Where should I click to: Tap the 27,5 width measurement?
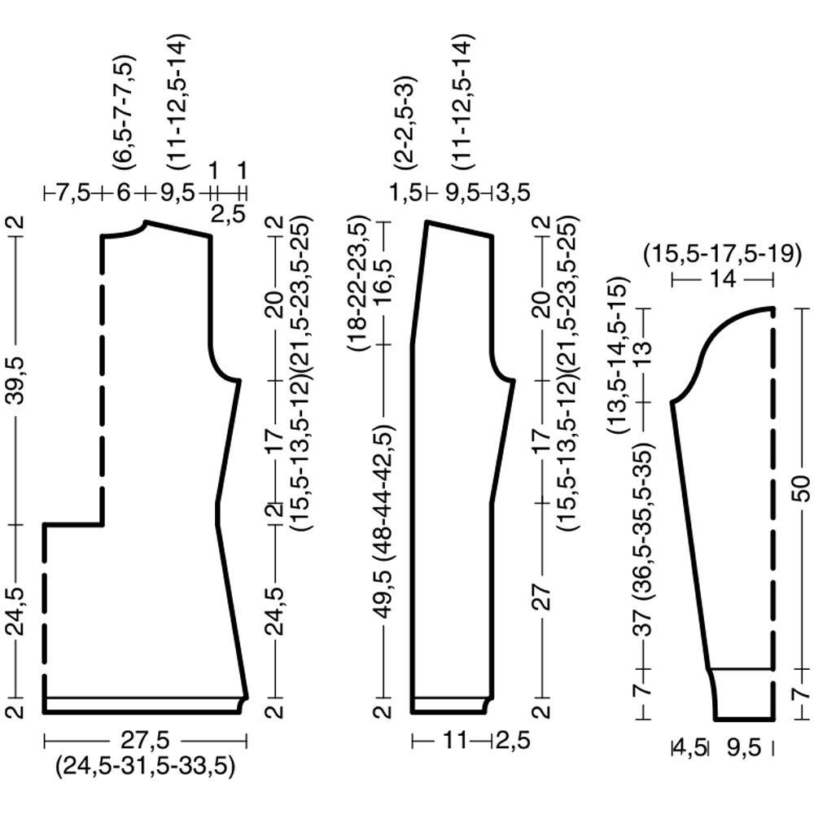pos(146,740)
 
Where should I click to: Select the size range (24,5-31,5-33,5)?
pos(146,766)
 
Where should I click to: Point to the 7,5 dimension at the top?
pos(73,194)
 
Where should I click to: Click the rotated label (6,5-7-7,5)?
pos(125,112)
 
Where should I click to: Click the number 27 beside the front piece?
pos(541,597)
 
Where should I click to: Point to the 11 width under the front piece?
pos(455,740)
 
